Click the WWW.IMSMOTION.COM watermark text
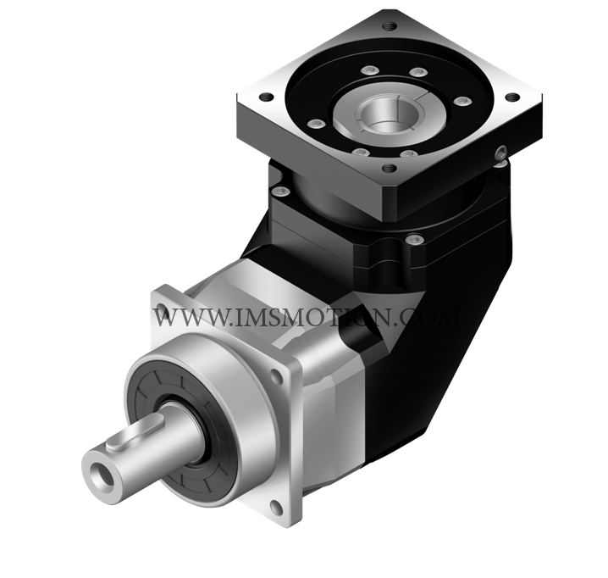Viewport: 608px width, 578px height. [307, 317]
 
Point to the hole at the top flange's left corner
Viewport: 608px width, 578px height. [266, 97]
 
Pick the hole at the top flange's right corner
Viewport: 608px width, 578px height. [512, 97]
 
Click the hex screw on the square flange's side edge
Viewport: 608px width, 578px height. [501, 153]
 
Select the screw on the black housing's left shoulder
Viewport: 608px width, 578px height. [281, 191]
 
